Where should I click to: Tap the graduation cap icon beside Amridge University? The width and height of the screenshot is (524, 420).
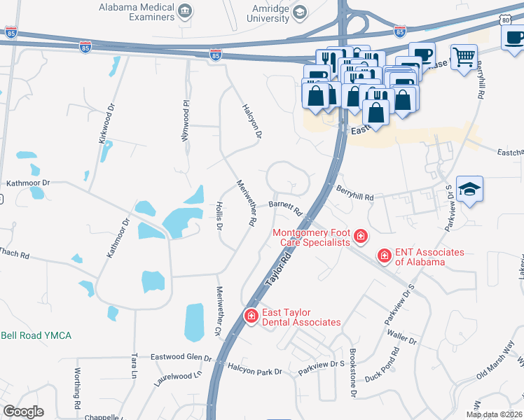pyautogui.click(x=300, y=12)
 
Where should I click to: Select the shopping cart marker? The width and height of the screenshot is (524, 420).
pyautogui.click(x=463, y=56)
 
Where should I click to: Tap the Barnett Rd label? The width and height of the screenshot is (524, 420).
pyautogui.click(x=284, y=207)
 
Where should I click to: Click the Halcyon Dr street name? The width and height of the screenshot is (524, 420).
pyautogui.click(x=252, y=120)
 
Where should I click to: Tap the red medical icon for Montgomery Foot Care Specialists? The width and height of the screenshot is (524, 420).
pyautogui.click(x=360, y=237)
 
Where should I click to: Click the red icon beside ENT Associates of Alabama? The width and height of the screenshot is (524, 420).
pyautogui.click(x=384, y=256)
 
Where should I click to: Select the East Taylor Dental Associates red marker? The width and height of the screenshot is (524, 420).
pyautogui.click(x=250, y=317)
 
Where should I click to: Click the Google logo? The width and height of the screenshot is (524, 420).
pyautogui.click(x=24, y=412)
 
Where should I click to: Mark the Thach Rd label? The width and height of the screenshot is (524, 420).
pyautogui.click(x=14, y=253)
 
